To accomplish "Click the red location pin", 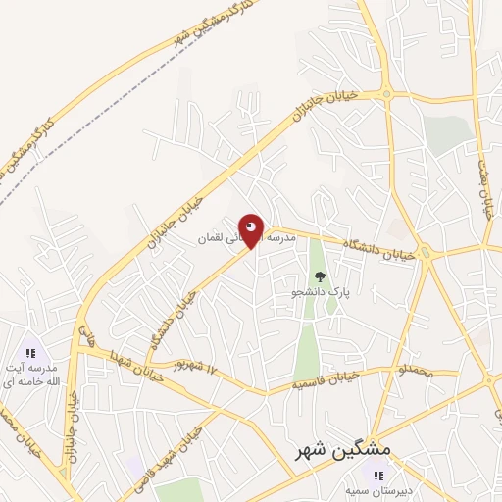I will [252, 229].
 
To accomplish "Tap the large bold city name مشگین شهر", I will [342, 449].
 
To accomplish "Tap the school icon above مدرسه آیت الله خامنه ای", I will [30, 352].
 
